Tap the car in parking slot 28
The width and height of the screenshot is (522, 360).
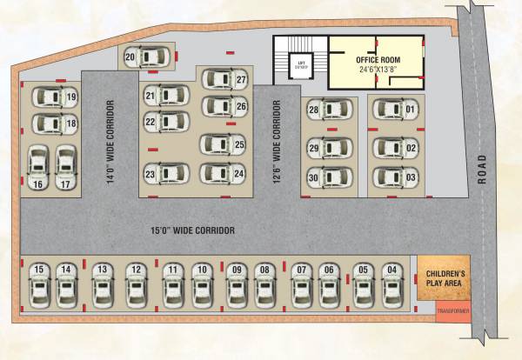tap(330, 109)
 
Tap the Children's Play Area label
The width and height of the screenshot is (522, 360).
tap(445, 278)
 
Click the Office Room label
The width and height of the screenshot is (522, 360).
tap(378, 59)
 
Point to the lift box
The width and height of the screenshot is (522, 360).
tap(301, 64)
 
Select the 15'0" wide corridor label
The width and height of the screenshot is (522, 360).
tap(192, 230)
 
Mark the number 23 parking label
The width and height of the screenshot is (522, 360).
tap(150, 175)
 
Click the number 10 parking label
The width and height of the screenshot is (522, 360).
tap(201, 270)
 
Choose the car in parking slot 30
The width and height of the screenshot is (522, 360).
tap(330, 177)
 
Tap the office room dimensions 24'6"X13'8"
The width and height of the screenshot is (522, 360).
tap(378, 69)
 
